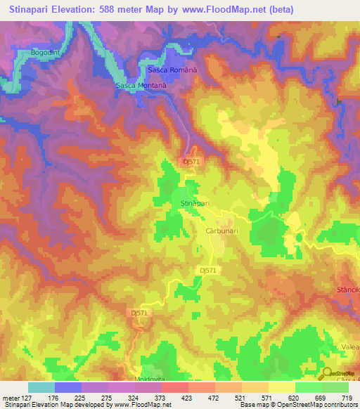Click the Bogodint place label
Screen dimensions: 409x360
[45, 53]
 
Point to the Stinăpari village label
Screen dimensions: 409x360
[195, 203]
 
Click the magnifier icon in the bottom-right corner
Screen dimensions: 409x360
[326, 374]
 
